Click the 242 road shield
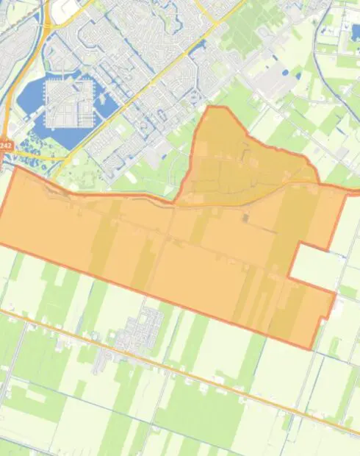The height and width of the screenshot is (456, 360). [x=6, y=146]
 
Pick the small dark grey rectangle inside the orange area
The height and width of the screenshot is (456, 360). [x=246, y=218]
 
